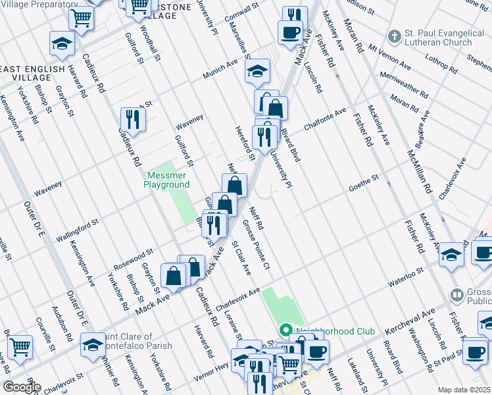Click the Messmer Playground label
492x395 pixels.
click(x=166, y=180)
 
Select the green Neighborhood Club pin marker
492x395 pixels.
click(x=285, y=329)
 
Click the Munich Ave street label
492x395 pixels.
click(x=220, y=71)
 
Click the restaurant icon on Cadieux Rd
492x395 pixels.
click(x=134, y=119)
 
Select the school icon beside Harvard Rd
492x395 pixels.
click(x=62, y=43)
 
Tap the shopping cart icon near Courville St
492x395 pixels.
click(x=20, y=346)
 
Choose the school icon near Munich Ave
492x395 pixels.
click(x=258, y=71)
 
